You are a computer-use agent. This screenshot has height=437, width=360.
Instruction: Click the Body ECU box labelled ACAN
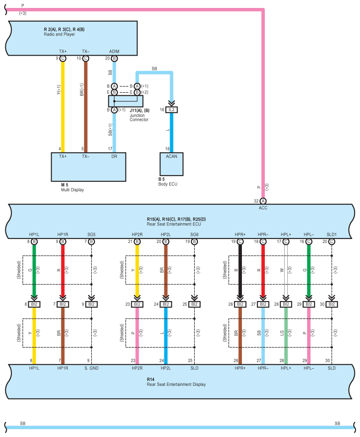tap(171, 164)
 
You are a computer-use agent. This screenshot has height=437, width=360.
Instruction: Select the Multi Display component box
tap(89, 167)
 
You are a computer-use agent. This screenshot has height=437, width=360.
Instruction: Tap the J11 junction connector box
tap(126, 101)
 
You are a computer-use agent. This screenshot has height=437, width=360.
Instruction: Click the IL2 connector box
tap(171, 110)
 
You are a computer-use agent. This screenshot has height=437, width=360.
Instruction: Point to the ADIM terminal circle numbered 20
tap(114, 59)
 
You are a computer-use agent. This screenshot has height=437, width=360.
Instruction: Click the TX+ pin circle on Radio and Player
tap(63, 59)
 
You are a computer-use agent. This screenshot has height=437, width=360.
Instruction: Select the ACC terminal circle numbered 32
tap(263, 201)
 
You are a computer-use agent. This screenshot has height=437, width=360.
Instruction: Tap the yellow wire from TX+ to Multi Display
tap(63, 107)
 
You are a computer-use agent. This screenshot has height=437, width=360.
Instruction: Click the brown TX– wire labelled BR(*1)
tap(86, 107)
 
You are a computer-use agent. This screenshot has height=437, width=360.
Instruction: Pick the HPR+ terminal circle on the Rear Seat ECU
tap(240, 242)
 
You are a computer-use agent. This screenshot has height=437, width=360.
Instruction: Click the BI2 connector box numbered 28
tap(286, 304)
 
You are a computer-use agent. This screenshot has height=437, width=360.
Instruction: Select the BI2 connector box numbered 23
tap(137, 304)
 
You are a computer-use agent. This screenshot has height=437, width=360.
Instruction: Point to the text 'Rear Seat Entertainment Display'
tap(176, 385)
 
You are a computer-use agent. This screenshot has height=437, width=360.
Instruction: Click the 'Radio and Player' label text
tap(59, 34)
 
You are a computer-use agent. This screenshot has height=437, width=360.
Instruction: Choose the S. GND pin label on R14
tap(91, 368)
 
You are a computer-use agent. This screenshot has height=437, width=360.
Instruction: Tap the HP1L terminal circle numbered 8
tap(34, 242)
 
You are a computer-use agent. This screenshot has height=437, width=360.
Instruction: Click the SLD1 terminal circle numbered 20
tap(332, 242)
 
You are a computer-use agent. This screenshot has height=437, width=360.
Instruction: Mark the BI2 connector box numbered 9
tap(91, 304)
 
